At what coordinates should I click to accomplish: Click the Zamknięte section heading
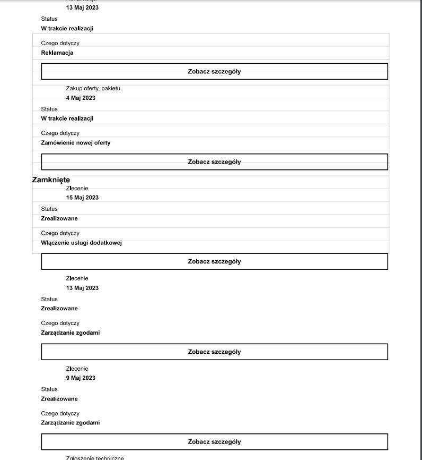pyautogui.click(x=51, y=180)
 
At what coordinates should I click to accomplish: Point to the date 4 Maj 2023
pyautogui.click(x=81, y=98)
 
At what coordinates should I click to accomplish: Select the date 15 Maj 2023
pyautogui.click(x=82, y=198)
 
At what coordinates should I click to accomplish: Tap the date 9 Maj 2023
pyautogui.click(x=81, y=378)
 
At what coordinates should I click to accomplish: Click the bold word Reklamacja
pyautogui.click(x=57, y=53)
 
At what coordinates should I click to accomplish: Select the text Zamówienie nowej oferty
pyautogui.click(x=76, y=143)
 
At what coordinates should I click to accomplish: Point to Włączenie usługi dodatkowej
pyautogui.click(x=82, y=243)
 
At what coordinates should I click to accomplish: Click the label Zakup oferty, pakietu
pyautogui.click(x=93, y=88)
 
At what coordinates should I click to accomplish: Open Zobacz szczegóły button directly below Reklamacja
pyautogui.click(x=214, y=71)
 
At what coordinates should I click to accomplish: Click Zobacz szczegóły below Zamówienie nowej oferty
pyautogui.click(x=214, y=161)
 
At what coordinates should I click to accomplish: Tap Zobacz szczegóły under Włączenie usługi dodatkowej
pyautogui.click(x=214, y=261)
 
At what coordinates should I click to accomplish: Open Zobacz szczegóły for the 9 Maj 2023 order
pyautogui.click(x=214, y=441)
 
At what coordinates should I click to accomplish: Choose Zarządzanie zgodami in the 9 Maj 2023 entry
pyautogui.click(x=71, y=423)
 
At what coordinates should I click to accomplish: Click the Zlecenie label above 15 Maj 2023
pyautogui.click(x=77, y=189)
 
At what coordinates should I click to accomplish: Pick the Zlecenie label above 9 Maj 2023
pyautogui.click(x=77, y=369)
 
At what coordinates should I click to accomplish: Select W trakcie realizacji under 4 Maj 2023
pyautogui.click(x=67, y=118)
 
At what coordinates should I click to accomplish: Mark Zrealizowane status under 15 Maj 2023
pyautogui.click(x=59, y=218)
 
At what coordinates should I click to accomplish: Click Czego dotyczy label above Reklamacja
pyautogui.click(x=60, y=43)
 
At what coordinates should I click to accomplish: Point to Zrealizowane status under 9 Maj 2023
pyautogui.click(x=59, y=399)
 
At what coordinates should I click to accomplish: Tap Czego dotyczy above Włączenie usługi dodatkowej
pyautogui.click(x=60, y=233)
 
